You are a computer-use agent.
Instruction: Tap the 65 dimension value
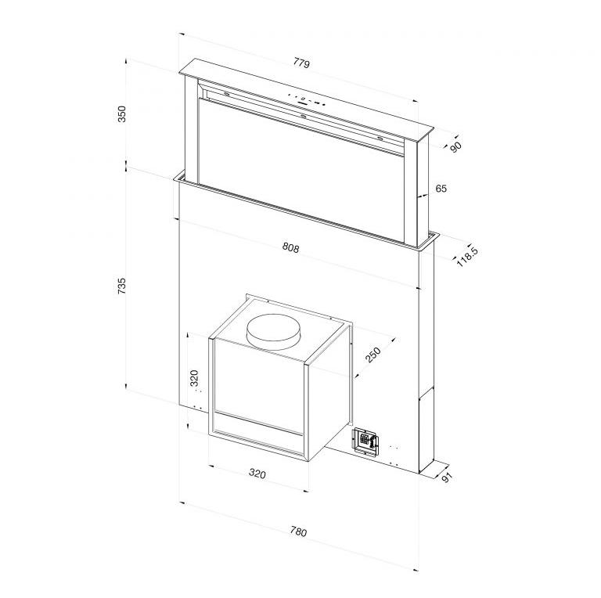tap(441, 189)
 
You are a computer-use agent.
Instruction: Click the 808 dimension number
tap(290, 248)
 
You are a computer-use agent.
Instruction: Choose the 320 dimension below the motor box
tap(257, 474)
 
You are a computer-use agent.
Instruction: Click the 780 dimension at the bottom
tap(297, 531)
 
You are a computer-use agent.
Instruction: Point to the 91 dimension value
tap(447, 477)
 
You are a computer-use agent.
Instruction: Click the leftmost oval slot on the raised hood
tap(225, 93)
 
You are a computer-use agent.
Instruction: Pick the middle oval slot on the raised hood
tap(303, 117)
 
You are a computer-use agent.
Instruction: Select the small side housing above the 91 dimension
tap(427, 430)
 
